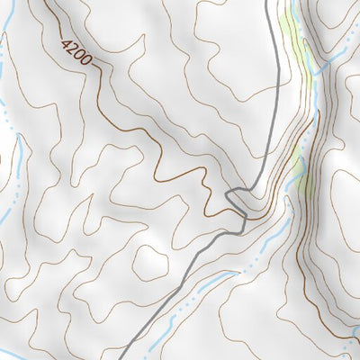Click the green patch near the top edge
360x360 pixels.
point(290,27)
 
